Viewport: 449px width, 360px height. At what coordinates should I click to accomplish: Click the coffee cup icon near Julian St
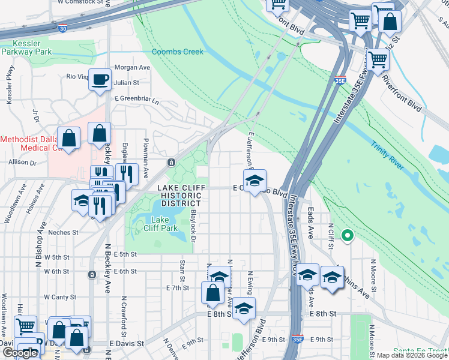(x=100, y=79)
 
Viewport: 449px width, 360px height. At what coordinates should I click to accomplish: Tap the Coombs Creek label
(x=177, y=52)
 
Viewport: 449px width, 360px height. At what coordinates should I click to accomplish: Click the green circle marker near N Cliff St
(x=346, y=235)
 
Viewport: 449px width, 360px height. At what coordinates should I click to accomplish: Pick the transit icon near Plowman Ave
(x=171, y=162)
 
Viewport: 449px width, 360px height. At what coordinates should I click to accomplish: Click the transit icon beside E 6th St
(x=92, y=275)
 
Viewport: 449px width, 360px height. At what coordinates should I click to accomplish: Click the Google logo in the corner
(x=20, y=353)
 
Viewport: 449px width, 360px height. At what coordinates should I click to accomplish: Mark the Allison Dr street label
(x=23, y=162)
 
